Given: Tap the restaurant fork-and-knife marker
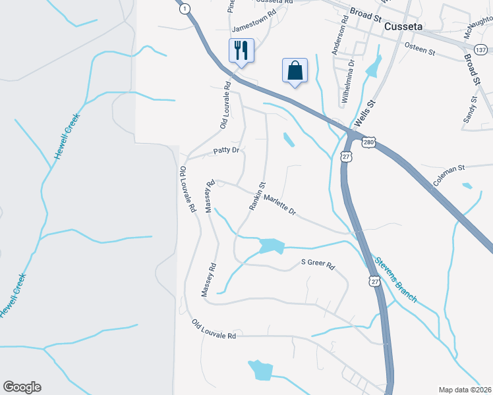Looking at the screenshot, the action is coord(241,50).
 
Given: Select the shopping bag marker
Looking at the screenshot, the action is coord(295,70).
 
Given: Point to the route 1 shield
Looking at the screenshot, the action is coord(186,8).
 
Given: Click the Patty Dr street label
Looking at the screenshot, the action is coord(225,151).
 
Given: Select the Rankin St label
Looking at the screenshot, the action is coord(256,196).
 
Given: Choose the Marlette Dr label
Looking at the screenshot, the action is coord(280,204).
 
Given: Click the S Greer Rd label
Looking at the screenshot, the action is coord(318,266).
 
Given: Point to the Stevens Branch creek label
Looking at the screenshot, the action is coord(396,280).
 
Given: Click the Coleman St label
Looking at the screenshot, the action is coord(449,174).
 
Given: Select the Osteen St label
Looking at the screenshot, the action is coord(420,49).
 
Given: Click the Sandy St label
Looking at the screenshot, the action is coord(471,109).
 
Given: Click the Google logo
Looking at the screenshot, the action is coord(22,387).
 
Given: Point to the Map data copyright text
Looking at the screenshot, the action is coord(465,390).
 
